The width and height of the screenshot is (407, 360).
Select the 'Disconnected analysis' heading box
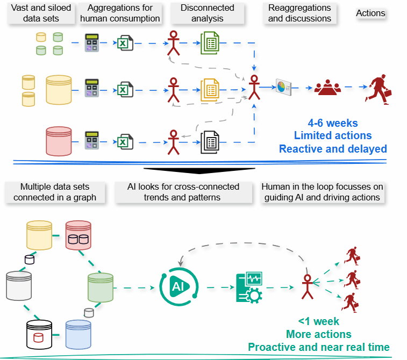[208, 13]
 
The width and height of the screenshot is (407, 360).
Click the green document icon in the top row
[210, 42]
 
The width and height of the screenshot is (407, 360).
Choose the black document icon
[210, 142]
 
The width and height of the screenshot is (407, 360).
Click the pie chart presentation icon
[283, 86]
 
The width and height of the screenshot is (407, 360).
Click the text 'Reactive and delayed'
[333, 148]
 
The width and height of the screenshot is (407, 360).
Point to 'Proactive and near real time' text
[318, 347]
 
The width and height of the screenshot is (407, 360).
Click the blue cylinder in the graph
[79, 335]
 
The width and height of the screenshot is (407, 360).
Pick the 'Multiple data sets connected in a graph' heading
[55, 192]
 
